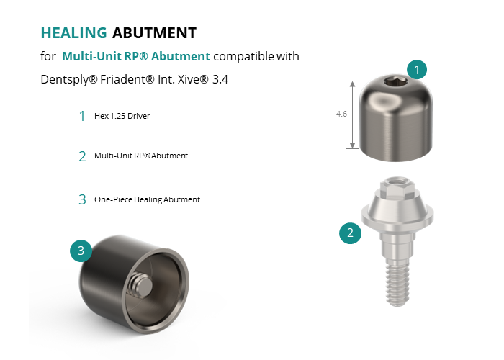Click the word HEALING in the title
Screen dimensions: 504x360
pyautogui.click(x=73, y=33)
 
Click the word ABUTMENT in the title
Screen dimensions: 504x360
pyautogui.click(x=154, y=33)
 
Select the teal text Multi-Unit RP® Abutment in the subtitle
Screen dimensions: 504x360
pyautogui.click(x=136, y=56)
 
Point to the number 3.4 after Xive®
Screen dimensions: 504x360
pyautogui.click(x=220, y=79)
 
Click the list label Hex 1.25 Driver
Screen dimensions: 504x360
pyautogui.click(x=122, y=116)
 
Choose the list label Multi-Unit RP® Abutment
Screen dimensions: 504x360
pyautogui.click(x=141, y=156)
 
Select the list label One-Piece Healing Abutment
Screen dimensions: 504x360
pyautogui.click(x=147, y=199)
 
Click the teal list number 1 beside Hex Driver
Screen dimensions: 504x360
pyautogui.click(x=82, y=116)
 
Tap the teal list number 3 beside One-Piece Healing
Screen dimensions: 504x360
pyautogui.click(x=82, y=199)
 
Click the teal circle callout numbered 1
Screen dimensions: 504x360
pyautogui.click(x=417, y=69)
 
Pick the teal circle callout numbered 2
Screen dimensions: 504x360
pyautogui.click(x=350, y=233)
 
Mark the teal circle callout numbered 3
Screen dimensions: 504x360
pyautogui.click(x=81, y=251)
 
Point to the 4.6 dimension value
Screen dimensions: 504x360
pyautogui.click(x=341, y=114)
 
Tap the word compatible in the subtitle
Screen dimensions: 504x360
pyautogui.click(x=243, y=57)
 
